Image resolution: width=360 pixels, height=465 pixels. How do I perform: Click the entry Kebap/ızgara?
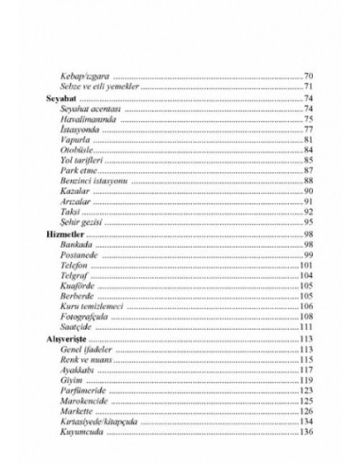point(86,76)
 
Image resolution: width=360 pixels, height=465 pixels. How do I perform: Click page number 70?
point(309,76)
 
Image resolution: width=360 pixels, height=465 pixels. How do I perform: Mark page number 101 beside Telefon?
point(306,265)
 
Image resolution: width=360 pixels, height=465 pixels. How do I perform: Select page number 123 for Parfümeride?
point(306,389)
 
